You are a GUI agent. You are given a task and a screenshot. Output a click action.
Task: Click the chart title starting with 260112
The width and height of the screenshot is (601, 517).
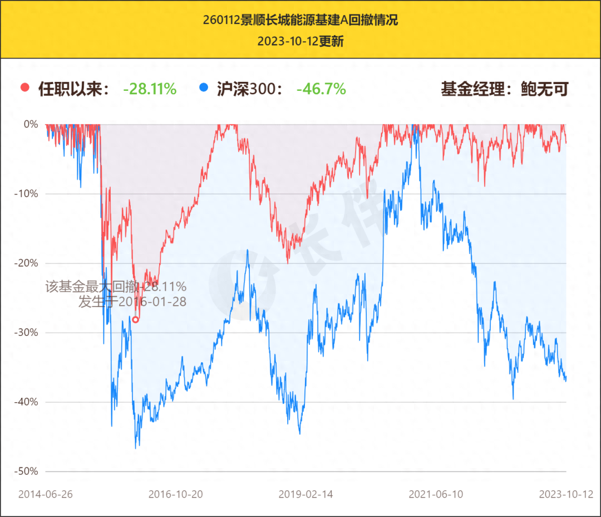click(300, 21)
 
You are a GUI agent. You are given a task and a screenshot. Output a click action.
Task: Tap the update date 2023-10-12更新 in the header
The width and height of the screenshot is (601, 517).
click(300, 42)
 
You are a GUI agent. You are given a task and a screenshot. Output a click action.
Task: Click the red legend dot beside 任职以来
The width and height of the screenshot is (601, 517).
click(24, 87)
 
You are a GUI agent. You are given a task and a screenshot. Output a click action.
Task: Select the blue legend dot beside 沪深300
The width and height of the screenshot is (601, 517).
click(203, 87)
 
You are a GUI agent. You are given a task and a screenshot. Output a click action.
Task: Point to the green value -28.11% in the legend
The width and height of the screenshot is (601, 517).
click(150, 89)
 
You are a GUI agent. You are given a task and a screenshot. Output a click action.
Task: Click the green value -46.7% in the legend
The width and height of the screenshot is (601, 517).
click(321, 89)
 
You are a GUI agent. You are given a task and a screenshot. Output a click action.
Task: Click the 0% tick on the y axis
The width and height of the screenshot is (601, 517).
click(30, 124)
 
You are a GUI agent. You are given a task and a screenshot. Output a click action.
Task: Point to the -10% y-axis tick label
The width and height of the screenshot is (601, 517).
click(26, 194)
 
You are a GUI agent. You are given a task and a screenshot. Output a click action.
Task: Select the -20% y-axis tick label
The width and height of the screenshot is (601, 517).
click(26, 263)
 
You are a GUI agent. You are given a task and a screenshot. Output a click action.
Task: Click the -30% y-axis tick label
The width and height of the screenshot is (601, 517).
click(26, 333)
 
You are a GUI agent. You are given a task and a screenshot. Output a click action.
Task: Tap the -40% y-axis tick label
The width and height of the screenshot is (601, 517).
click(26, 402)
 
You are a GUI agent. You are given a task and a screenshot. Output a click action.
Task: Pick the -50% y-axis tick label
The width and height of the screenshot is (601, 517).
click(26, 471)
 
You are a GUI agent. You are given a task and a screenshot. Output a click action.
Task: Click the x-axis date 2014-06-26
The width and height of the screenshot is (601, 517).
click(46, 494)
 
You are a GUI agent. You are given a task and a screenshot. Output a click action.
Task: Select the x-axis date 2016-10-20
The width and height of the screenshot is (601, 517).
click(176, 494)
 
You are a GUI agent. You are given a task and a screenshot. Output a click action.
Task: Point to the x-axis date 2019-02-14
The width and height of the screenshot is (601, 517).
click(306, 494)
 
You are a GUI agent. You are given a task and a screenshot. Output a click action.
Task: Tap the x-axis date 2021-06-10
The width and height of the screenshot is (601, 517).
click(436, 494)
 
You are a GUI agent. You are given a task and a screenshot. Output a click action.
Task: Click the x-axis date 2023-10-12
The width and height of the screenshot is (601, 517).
click(565, 494)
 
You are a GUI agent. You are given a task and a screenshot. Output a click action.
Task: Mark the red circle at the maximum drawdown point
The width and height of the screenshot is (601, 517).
click(135, 320)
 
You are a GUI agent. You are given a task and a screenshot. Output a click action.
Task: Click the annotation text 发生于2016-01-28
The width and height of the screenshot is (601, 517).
click(132, 302)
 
